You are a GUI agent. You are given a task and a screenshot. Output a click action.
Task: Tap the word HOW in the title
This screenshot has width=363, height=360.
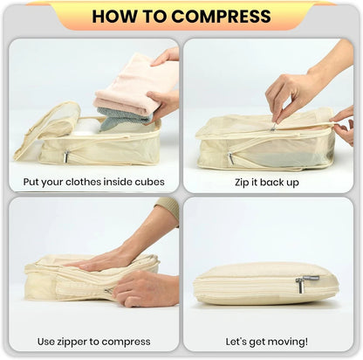pyautogui.click(x=115, y=16)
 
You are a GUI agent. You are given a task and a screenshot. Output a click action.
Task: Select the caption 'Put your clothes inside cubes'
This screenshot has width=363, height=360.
pyautogui.click(x=93, y=182)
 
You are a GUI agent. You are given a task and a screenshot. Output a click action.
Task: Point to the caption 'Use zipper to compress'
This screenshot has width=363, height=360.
pyautogui.click(x=93, y=341)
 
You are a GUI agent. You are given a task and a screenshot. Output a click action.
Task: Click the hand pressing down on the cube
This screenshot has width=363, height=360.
pyautogui.click(x=105, y=260)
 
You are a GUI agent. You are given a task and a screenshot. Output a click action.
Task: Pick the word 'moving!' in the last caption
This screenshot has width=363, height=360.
pyautogui.click(x=295, y=341)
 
